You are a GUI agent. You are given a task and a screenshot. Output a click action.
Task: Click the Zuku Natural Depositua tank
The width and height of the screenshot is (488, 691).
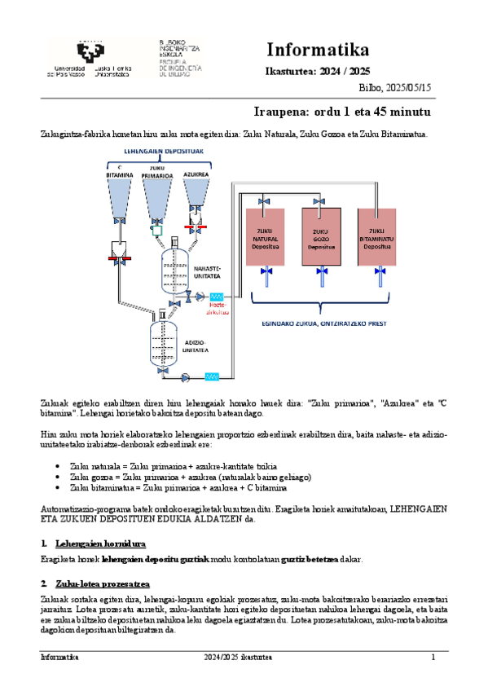[x=266, y=236]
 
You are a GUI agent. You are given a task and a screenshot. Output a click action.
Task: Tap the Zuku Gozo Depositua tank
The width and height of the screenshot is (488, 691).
[x=321, y=236]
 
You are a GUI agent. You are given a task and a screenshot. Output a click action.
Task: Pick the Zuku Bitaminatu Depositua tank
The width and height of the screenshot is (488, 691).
[x=376, y=236]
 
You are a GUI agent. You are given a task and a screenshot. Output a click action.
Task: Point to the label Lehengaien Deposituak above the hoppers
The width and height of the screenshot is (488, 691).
[x=158, y=152]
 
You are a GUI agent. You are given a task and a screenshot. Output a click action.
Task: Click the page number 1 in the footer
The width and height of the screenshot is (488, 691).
[x=433, y=657]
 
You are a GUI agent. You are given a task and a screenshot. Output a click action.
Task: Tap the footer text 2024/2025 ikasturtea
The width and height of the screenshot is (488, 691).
[x=238, y=657]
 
